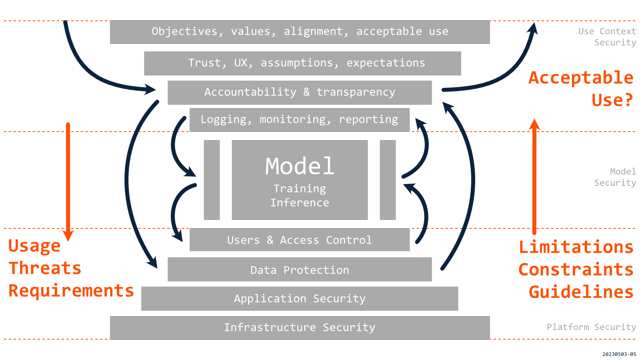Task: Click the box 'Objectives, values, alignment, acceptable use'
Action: [x=300, y=32]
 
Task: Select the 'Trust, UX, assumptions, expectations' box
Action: [x=302, y=63]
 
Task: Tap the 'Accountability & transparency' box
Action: [x=300, y=92]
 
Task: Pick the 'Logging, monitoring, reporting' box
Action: [x=299, y=120]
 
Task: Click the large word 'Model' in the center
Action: [x=300, y=166]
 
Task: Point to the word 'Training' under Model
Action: [x=300, y=189]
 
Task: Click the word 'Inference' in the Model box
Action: [x=300, y=203]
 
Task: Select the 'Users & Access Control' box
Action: [x=299, y=240]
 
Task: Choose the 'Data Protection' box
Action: [x=300, y=270]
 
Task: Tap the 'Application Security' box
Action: [x=300, y=299]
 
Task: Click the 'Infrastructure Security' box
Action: [x=300, y=328]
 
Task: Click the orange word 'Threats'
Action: [x=45, y=268]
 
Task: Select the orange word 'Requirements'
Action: [x=71, y=291]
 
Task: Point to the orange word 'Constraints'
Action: [x=576, y=270]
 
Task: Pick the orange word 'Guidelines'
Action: [x=581, y=292]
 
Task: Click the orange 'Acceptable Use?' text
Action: [x=581, y=89]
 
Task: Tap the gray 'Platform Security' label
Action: [x=591, y=327]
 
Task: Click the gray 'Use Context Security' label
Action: [x=607, y=37]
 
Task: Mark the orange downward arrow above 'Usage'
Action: [x=68, y=180]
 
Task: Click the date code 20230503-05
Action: [x=619, y=354]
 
